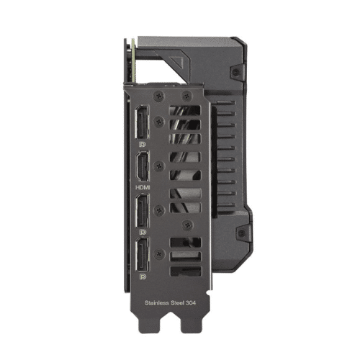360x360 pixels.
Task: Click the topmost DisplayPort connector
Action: pos(142,122)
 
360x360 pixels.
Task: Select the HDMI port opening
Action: pos(143,166)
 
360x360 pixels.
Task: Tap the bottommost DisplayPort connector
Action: pos(143,254)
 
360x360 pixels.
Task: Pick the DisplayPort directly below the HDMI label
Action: pos(143,211)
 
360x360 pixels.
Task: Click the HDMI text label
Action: pos(143,187)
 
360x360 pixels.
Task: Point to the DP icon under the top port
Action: pos(143,144)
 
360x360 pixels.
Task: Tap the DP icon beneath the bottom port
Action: pos(143,276)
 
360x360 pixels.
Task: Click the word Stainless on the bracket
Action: pos(157,303)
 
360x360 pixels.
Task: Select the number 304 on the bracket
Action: pos(191,303)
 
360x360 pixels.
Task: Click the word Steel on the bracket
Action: pos(177,303)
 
